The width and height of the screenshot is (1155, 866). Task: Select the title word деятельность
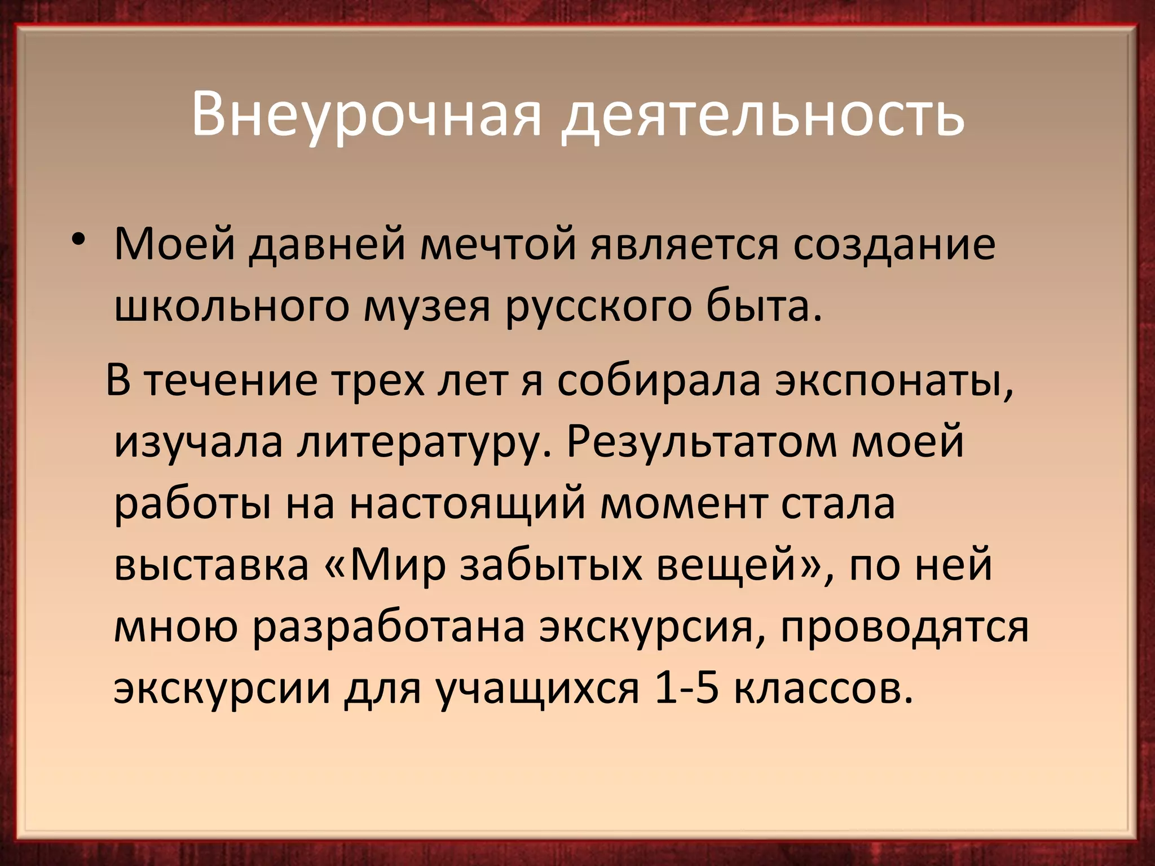(762, 116)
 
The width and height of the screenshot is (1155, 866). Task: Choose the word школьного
(232, 307)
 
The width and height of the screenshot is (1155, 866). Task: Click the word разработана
(389, 627)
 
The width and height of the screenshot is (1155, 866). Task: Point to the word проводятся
(905, 627)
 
